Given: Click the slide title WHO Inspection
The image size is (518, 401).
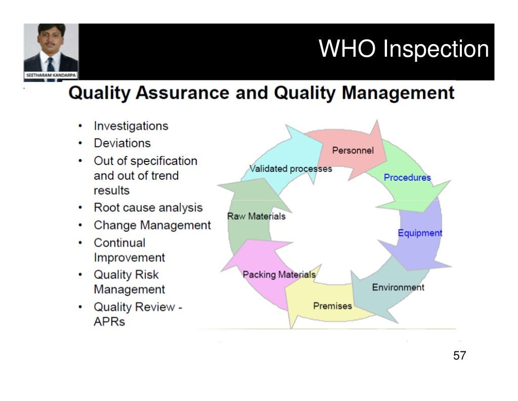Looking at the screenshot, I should pos(404,50).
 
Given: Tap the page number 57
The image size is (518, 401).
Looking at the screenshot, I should pos(459,355).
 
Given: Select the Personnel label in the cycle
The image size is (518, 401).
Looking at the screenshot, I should pos(353,150).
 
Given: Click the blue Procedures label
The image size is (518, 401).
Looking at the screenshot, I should pos(407,178).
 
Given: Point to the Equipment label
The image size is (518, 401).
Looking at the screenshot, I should pos(420,233).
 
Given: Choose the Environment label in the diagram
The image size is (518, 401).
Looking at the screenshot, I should pos(398,287).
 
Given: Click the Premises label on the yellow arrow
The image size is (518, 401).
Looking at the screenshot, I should pos(332,306).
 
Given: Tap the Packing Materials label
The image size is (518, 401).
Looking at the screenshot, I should pos(279,274).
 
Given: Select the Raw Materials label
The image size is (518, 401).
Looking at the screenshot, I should pos(256,216).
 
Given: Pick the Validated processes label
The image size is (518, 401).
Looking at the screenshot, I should pos(291,169).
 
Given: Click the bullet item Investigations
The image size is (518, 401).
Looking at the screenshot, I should pos(131,126).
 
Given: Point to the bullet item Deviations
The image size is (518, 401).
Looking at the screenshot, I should pos(122,143).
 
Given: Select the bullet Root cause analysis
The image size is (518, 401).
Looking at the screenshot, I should pos(148,208).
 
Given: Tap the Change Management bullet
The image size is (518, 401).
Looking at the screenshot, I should pos(152,225).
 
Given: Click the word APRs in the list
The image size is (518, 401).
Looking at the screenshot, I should pos(109,322).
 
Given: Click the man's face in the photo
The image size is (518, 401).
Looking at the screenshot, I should pos(51,41).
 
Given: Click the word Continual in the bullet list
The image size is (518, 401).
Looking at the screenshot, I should pos(119,243).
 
